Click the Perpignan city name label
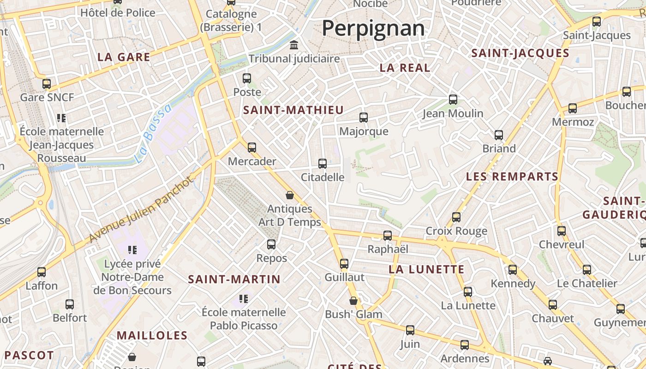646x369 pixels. tap(373, 28)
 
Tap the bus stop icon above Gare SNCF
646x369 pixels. tap(47, 83)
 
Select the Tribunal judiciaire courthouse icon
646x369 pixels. tap(294, 45)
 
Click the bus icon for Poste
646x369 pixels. tap(247, 78)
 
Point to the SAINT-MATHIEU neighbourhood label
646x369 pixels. tap(293, 110)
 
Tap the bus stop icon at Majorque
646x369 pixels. tap(364, 118)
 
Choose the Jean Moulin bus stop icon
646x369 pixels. tap(453, 99)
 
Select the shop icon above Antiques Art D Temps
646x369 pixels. tap(290, 195)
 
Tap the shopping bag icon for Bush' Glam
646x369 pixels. tap(353, 301)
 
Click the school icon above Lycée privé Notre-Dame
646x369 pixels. tap(132, 250)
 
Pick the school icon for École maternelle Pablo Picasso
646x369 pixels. tap(244, 298)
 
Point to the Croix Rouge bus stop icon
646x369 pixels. tap(456, 217)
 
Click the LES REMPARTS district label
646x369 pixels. tap(512, 177)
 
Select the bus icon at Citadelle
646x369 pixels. tap(323, 163)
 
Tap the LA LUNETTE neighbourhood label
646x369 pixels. tap(426, 269)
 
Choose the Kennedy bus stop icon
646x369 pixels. tap(513, 270)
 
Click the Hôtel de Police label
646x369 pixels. tap(118, 13)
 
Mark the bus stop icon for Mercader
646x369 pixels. tap(252, 148)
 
